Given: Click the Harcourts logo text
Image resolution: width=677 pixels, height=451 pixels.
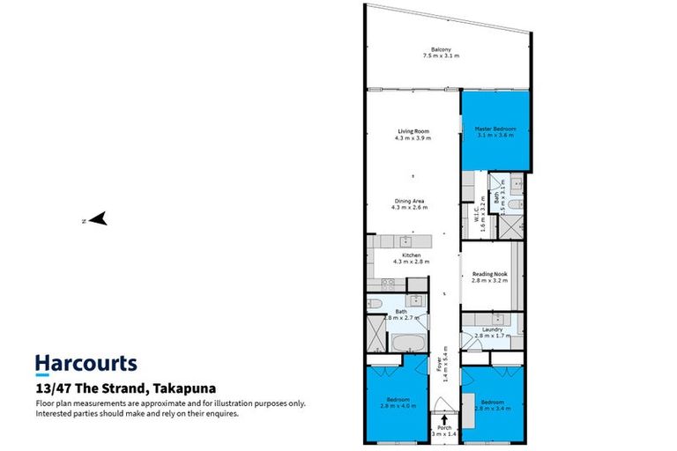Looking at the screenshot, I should point(86,363).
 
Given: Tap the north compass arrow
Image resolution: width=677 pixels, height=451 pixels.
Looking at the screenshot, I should point(98,219).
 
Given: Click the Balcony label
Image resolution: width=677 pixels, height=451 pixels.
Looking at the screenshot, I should point(442,48).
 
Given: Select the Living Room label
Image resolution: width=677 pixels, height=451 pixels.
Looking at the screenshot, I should point(412,132).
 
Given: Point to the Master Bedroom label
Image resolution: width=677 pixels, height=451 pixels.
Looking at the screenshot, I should point(495,129).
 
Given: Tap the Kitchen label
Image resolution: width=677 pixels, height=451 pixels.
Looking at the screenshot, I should point(412,255).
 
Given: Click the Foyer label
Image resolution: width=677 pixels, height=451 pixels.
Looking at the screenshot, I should point(438,363).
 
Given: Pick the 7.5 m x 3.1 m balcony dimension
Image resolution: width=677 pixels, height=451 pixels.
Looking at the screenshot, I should point(442,55).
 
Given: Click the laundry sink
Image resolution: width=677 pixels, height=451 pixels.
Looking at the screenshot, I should point(499,318).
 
